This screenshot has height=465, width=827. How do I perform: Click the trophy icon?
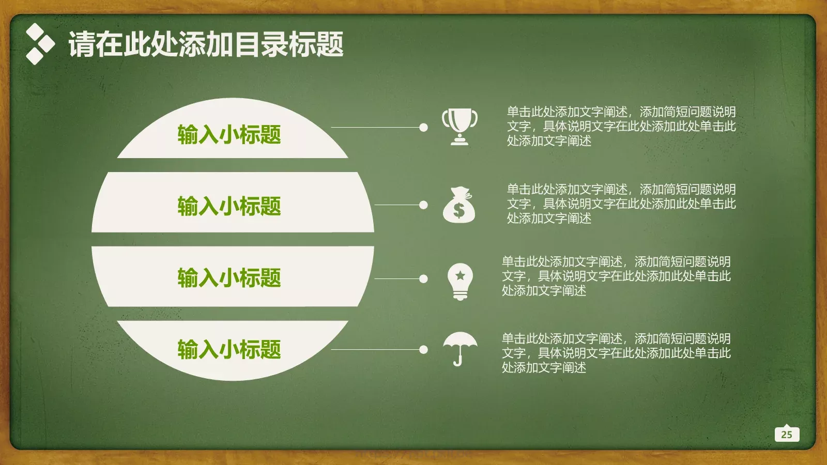pyautogui.click(x=460, y=126)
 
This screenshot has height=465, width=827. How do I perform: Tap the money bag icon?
pyautogui.click(x=458, y=205)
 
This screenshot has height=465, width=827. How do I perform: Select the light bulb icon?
pyautogui.click(x=460, y=281)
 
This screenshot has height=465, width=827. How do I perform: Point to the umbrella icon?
pyautogui.click(x=460, y=348)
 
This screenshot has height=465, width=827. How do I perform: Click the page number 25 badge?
pyautogui.click(x=787, y=434)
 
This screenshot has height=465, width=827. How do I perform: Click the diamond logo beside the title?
pyautogui.click(x=40, y=44)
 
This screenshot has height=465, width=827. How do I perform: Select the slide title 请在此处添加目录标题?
pyautogui.click(x=206, y=44)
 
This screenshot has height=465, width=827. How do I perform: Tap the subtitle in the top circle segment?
pyautogui.click(x=229, y=134)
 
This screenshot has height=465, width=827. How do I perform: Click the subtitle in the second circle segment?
pyautogui.click(x=229, y=206)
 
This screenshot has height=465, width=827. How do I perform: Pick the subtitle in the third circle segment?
pyautogui.click(x=229, y=277)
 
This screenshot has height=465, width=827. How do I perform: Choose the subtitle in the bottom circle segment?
pyautogui.click(x=229, y=349)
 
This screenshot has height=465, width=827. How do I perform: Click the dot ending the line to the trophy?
pyautogui.click(x=423, y=127)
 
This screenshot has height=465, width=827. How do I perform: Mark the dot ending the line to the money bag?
pyautogui.click(x=423, y=205)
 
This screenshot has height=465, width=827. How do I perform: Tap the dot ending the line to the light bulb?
pyautogui.click(x=423, y=279)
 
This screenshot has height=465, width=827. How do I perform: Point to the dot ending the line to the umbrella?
pyautogui.click(x=423, y=350)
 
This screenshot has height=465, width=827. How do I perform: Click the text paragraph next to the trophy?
pyautogui.click(x=621, y=126)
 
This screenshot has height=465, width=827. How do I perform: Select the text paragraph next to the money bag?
pyautogui.click(x=621, y=204)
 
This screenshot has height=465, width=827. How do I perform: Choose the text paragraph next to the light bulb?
pyautogui.click(x=616, y=276)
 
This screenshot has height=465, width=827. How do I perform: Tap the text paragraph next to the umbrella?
pyautogui.click(x=616, y=353)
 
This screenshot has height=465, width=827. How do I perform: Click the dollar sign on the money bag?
pyautogui.click(x=458, y=210)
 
